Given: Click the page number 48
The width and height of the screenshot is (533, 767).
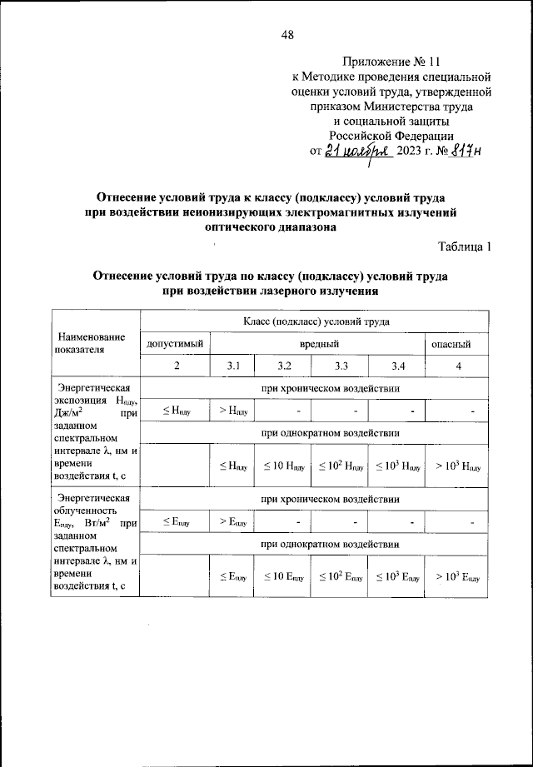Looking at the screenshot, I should pyautogui.click(x=287, y=34).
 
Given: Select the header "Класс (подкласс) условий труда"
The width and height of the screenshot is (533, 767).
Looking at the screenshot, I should pyautogui.click(x=316, y=321).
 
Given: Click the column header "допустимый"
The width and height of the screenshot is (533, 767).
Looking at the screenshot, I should pyautogui.click(x=175, y=343).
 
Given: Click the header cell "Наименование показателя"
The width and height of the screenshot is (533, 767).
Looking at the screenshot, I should pyautogui.click(x=92, y=343).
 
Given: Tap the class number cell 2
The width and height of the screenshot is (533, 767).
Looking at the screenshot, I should pyautogui.click(x=175, y=366).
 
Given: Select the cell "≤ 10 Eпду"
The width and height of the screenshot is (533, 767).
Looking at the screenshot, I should pyautogui.click(x=284, y=576).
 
